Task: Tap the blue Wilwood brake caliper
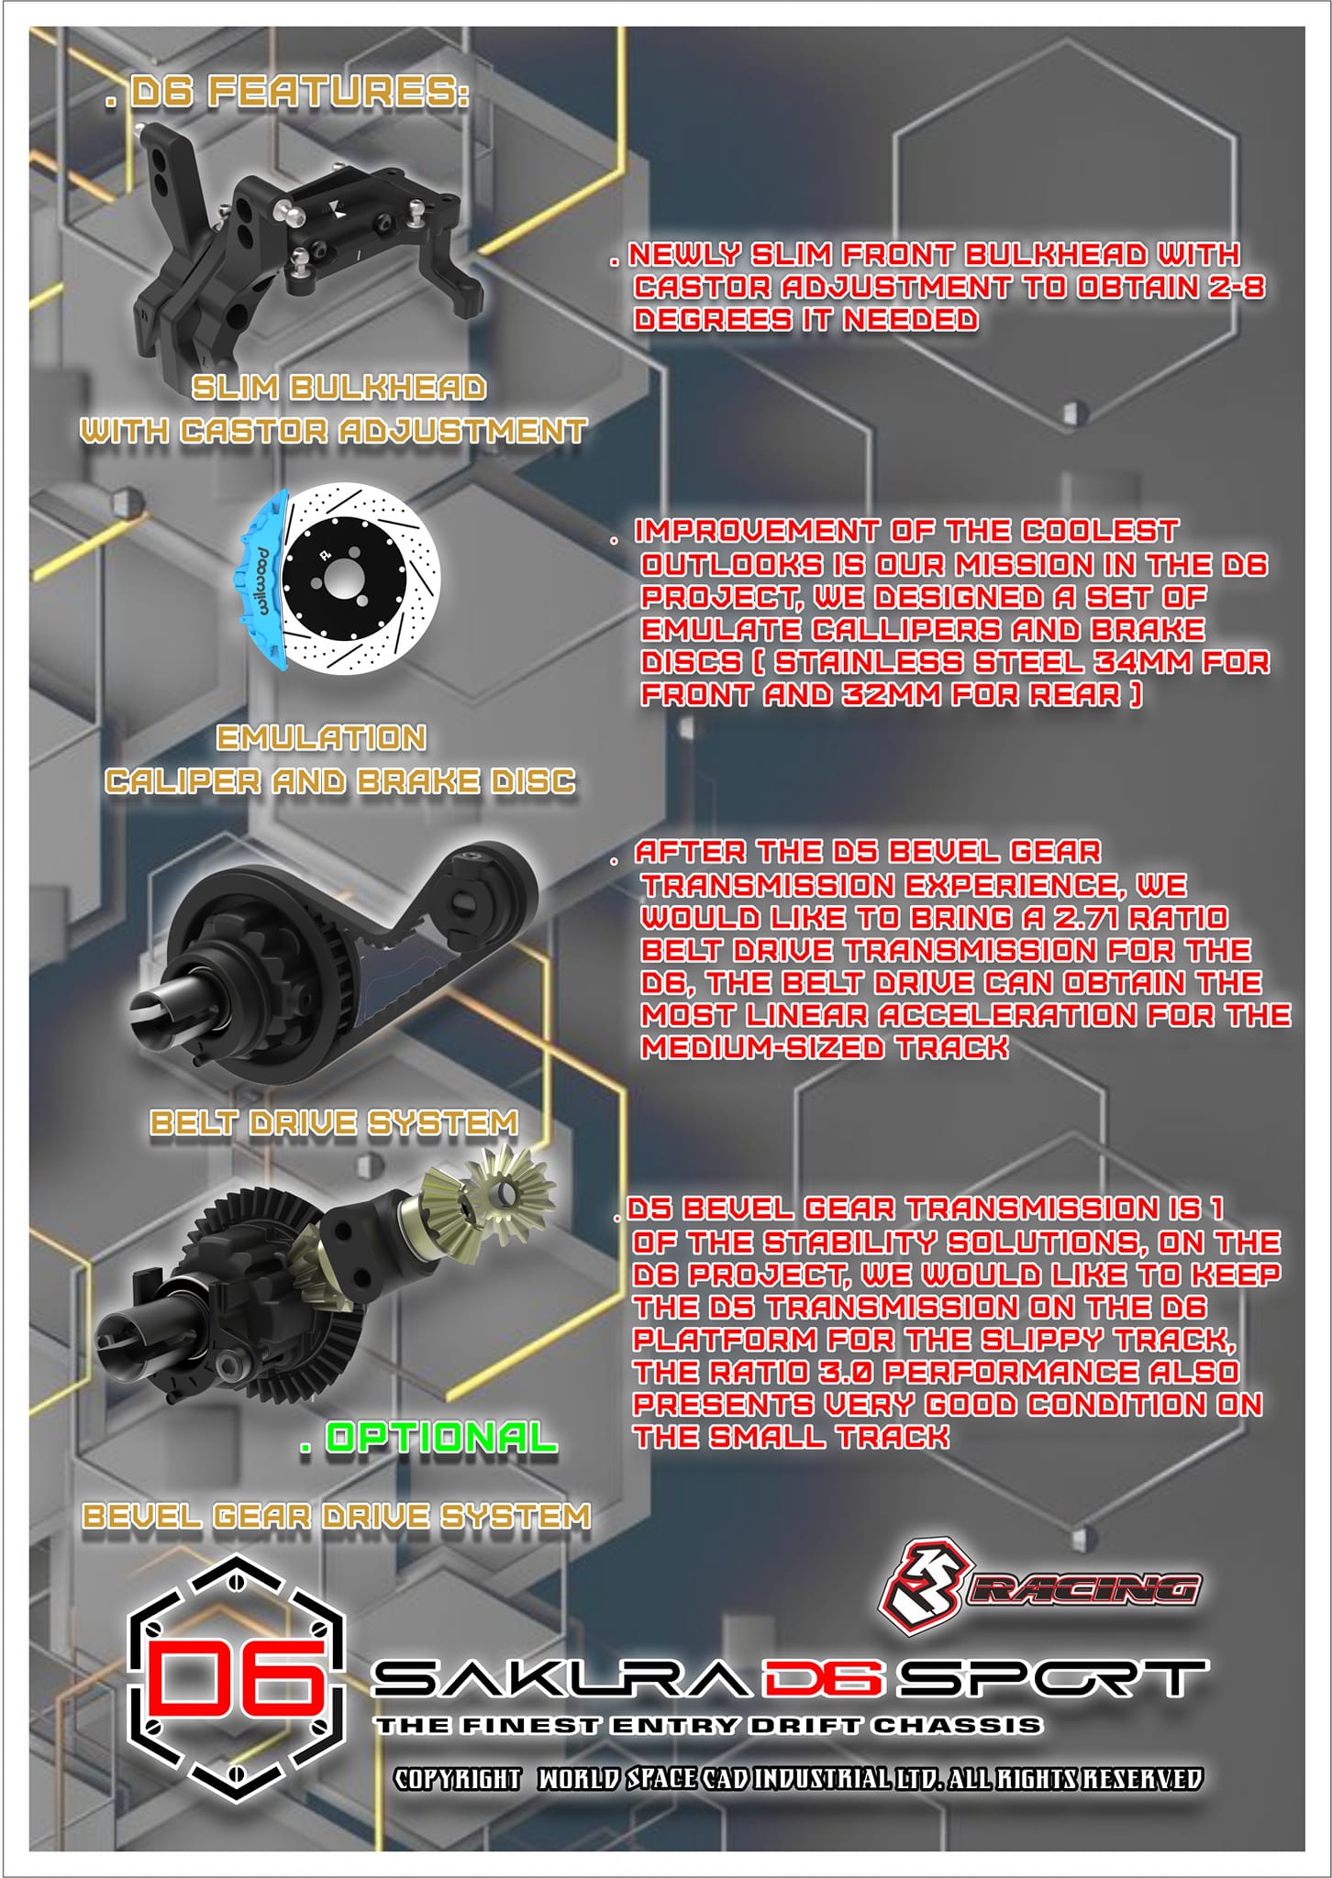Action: tap(261, 580)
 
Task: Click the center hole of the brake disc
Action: tap(342, 580)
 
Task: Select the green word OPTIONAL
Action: tap(441, 1437)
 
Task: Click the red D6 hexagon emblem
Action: tap(237, 1679)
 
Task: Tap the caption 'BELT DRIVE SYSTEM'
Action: tap(334, 1122)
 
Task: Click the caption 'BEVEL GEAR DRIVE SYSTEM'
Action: tap(337, 1516)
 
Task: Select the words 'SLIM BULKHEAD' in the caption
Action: tap(339, 388)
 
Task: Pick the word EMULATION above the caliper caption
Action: tap(321, 737)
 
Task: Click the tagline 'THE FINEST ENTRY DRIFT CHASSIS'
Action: tap(708, 1726)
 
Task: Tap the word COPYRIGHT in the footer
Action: tap(458, 1779)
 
